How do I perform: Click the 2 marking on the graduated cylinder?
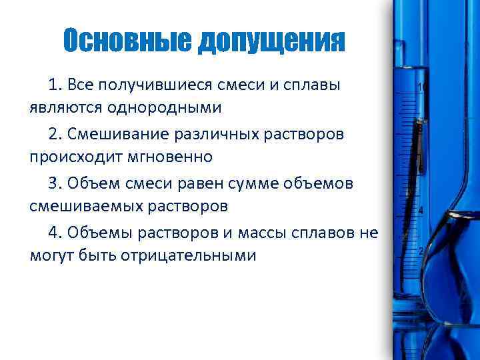point(421,251)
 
